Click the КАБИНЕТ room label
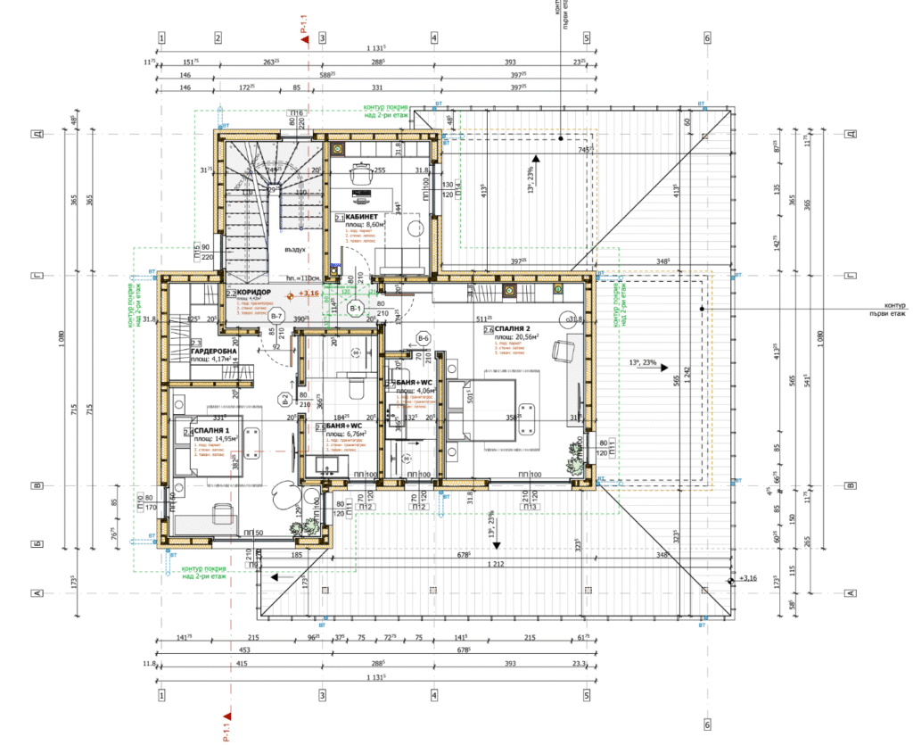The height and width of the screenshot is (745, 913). pos(366,217)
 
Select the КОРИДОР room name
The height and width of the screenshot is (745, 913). pos(254,292)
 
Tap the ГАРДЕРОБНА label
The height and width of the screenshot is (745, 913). pos(213,352)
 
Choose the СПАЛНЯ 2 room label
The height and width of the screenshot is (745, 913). pos(518,329)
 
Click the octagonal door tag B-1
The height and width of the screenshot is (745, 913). pos(356,309)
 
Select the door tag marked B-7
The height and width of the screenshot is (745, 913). pos(276,318)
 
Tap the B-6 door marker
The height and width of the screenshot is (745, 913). pos(424,338)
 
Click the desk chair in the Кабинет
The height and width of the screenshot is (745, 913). pos(361,175)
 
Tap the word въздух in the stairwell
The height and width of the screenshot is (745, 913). pos(284,250)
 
